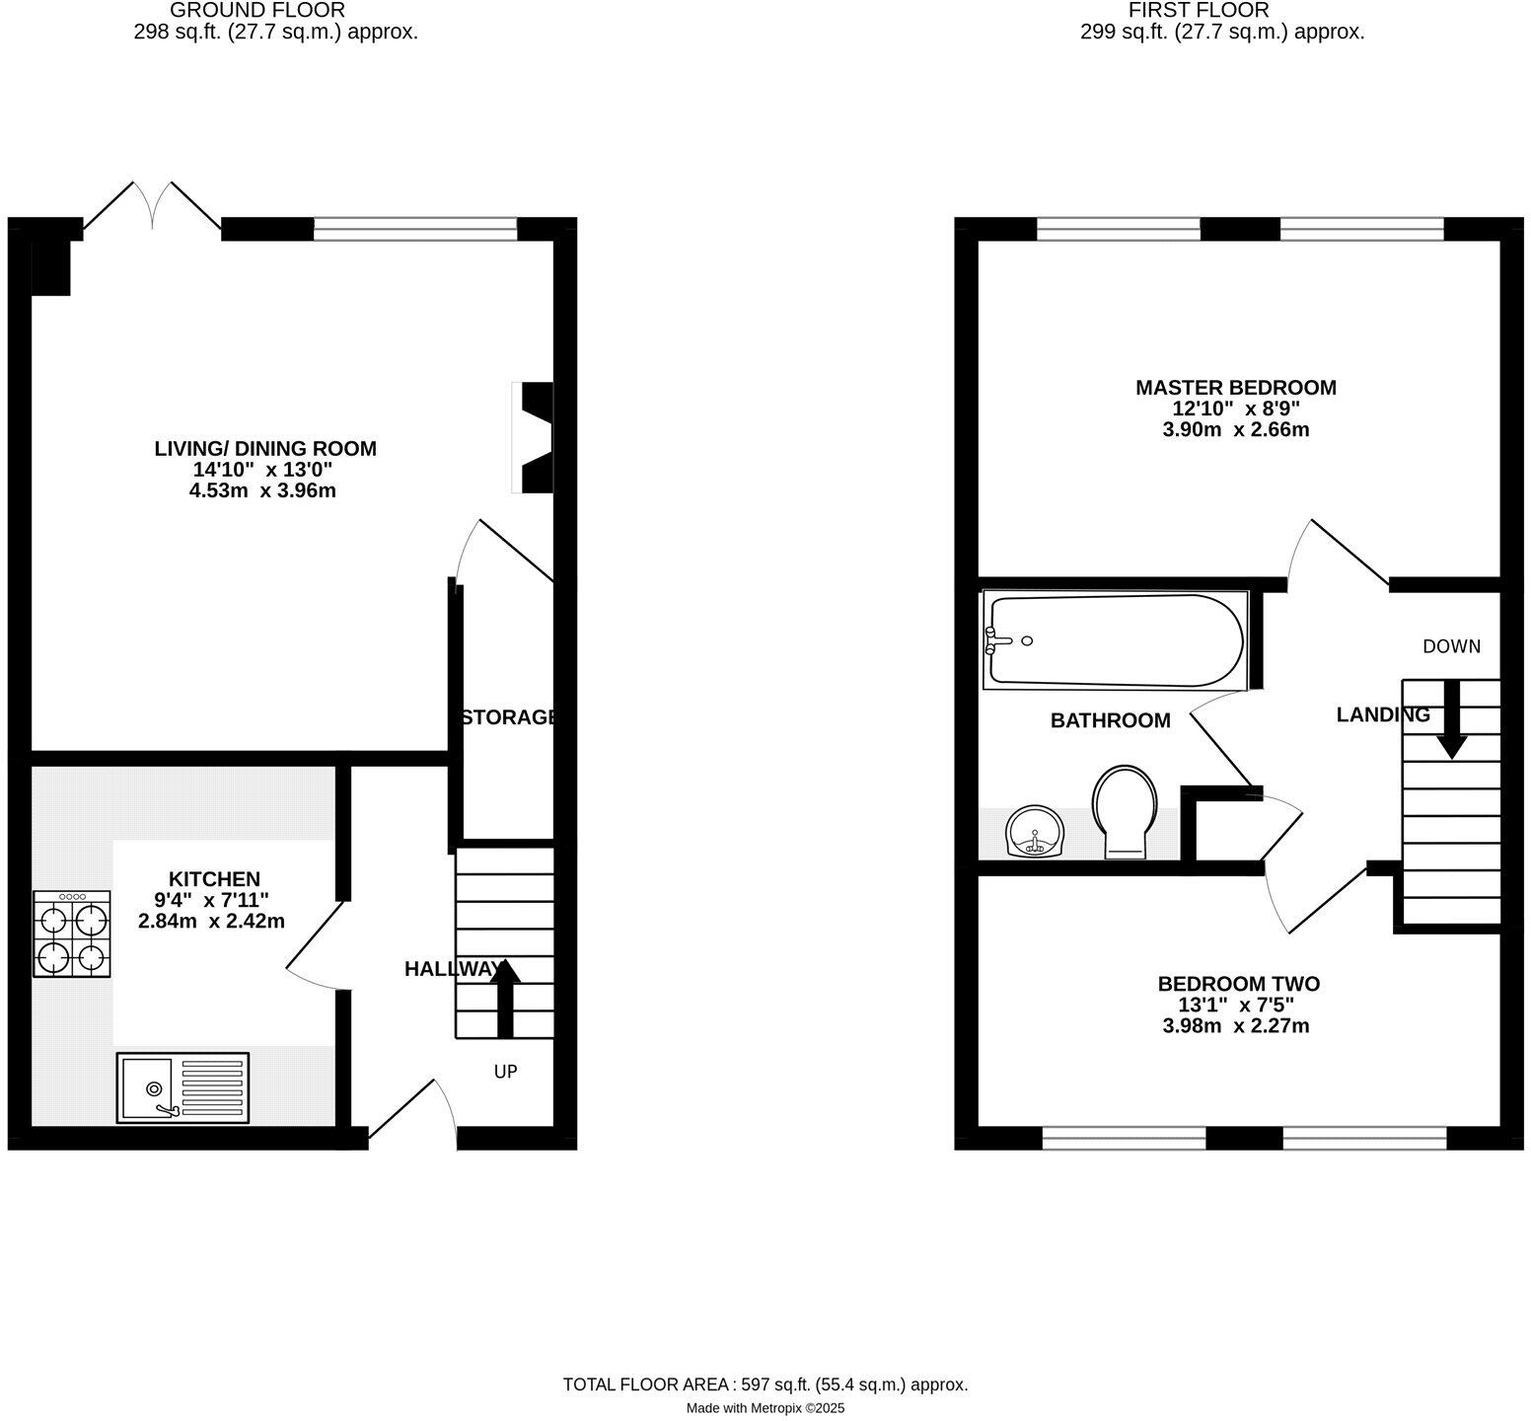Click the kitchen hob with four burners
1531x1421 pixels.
coord(72,935)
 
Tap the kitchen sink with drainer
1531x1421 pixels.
coord(182,1087)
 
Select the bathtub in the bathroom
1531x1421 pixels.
coord(1116,639)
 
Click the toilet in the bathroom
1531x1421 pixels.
coord(1125,810)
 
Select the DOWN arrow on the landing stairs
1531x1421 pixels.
coord(1450,718)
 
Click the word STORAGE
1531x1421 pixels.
coord(509,717)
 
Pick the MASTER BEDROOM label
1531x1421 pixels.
coord(1235,388)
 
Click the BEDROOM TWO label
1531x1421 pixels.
coord(1238,984)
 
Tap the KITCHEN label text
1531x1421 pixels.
coord(214,878)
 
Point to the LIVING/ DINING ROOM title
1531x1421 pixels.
coord(265,448)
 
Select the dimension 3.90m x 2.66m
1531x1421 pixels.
coord(1235,430)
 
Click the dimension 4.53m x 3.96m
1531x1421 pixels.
coord(262,490)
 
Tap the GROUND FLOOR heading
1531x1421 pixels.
coord(258,10)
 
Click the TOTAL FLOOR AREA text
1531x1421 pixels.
coord(765,1384)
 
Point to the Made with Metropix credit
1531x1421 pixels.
coord(765,1408)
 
